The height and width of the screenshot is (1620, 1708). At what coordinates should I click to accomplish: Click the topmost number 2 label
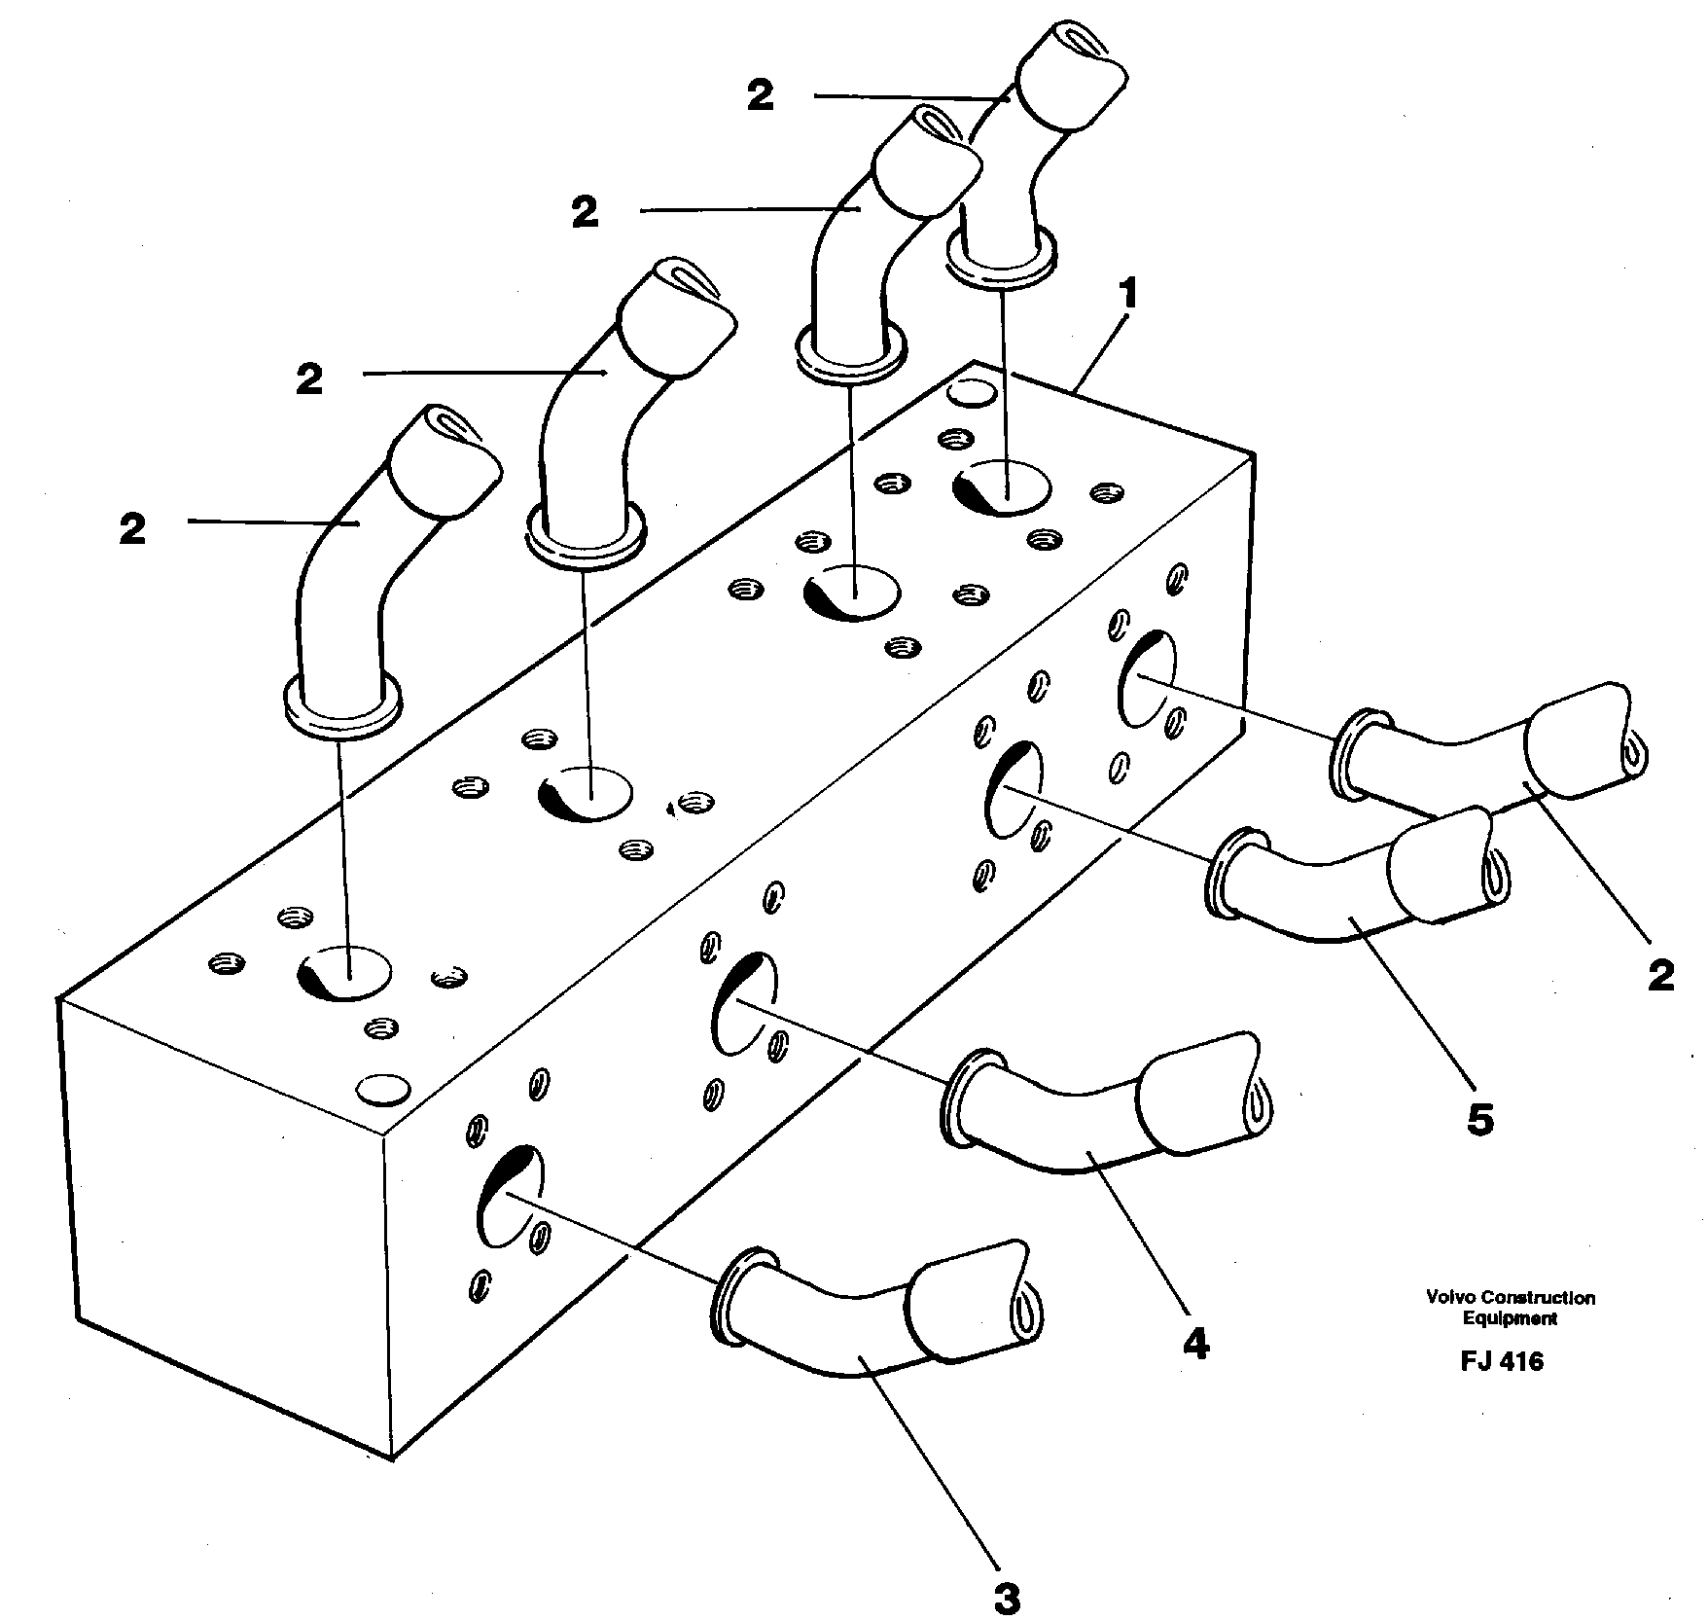click(x=761, y=95)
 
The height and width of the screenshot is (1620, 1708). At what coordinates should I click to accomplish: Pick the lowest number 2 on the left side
click(x=133, y=529)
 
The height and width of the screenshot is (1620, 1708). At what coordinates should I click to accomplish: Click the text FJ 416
click(x=1502, y=1361)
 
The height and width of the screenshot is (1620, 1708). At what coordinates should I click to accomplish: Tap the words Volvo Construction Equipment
click(x=1510, y=1308)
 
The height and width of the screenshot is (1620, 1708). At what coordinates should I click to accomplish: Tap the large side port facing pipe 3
click(x=511, y=1197)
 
